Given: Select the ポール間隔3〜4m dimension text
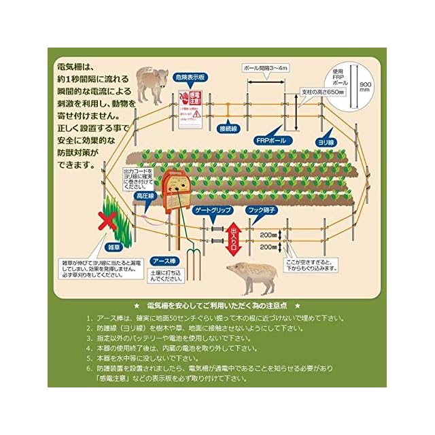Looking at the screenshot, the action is pos(266,69).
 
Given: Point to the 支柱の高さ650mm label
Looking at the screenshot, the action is pos(322,92).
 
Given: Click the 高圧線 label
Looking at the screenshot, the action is pos(145,196).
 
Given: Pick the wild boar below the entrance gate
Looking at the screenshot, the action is pos(253,275).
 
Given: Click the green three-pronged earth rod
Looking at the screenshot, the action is pos(193,260).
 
